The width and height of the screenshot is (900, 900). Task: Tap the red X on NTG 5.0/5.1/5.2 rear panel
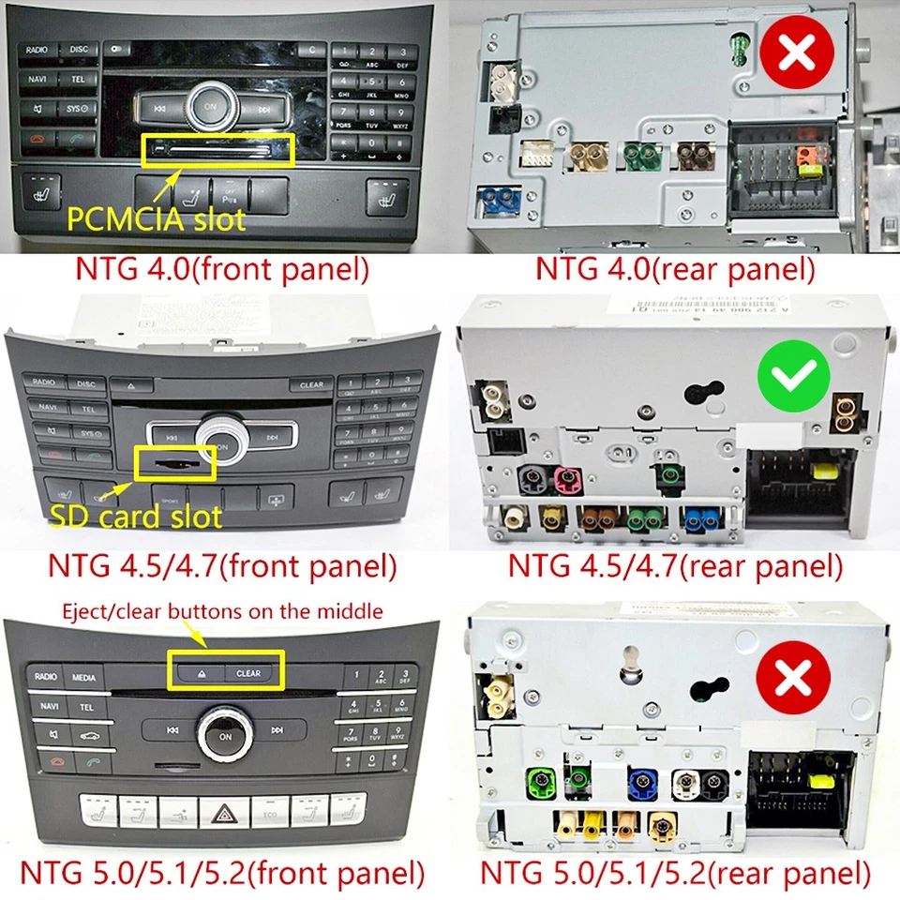pos(799,672)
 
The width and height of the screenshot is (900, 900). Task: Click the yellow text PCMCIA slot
pos(156,219)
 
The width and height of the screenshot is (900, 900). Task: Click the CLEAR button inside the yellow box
pos(248,672)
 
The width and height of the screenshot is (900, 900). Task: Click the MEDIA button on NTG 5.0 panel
pos(84,677)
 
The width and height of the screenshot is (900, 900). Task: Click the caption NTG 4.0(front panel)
pos(221,270)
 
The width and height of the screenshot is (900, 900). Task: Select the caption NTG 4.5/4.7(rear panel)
pos(675,565)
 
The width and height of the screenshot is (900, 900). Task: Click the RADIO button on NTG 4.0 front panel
pos(37,49)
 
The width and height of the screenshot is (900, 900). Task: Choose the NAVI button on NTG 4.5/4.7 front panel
pos(43,409)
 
